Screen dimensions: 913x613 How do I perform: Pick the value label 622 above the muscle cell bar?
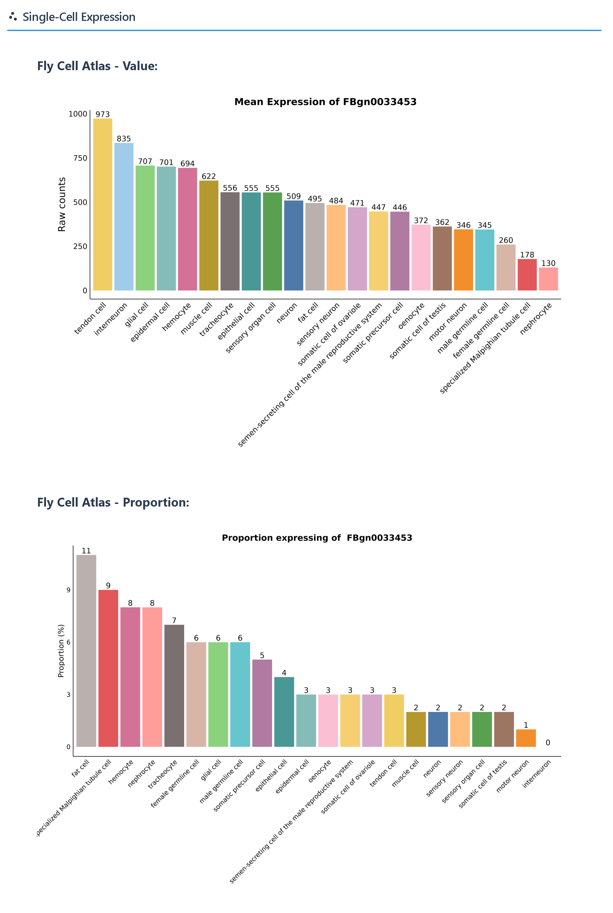208,176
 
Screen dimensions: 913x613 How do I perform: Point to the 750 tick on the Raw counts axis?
80,158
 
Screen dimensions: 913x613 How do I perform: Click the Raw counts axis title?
62,204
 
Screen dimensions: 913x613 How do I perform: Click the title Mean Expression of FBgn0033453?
325,102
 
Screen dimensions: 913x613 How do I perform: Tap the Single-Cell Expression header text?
79,17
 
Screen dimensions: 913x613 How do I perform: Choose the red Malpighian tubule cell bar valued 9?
108,668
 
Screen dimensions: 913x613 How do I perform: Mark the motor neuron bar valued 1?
526,738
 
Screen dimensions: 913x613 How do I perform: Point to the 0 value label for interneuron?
548,742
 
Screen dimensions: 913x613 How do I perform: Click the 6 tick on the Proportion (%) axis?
69,642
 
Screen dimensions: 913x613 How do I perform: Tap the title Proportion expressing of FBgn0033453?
317,538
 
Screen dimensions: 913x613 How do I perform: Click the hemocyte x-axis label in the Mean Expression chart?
177,317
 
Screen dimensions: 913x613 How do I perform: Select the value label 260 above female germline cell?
505,240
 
